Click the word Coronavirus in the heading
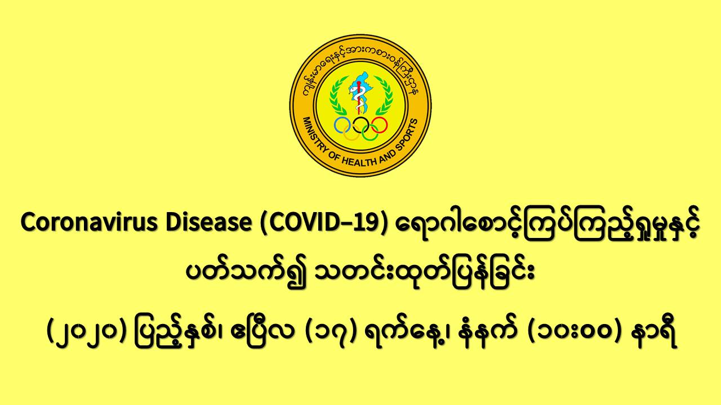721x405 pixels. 89,222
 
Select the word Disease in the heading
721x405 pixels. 208,222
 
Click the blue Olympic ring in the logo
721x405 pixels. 342,125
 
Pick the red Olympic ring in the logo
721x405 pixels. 379,125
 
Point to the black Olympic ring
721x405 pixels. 360,125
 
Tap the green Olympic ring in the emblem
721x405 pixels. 370,132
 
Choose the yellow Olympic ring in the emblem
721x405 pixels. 351,132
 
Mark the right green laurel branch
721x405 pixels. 384,96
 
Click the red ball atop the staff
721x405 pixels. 359,83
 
